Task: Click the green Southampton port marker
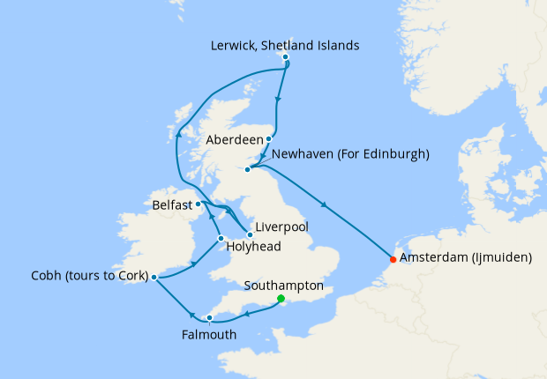[x=281, y=299]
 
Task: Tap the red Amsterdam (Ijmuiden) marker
[x=393, y=259]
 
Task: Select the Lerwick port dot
[x=285, y=57]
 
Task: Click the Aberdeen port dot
[x=269, y=139]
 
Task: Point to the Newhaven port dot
[x=249, y=169]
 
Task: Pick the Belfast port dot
[x=198, y=204]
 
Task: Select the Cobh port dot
[x=154, y=278]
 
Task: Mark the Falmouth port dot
[x=209, y=318]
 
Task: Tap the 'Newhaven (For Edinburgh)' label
[x=351, y=154]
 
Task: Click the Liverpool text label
[x=283, y=227]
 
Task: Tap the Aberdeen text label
[x=234, y=139]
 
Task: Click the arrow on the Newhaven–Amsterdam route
[x=326, y=207]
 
